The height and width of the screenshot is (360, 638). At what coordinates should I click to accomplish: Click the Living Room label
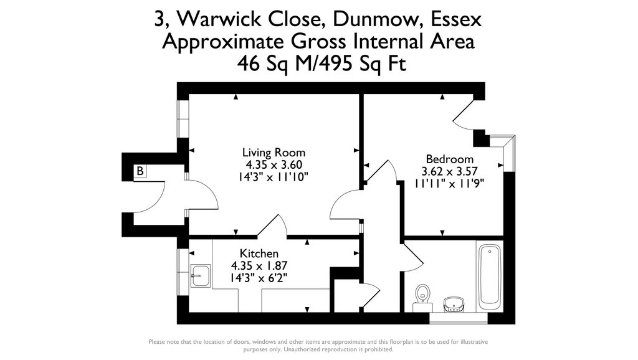pos(274,153)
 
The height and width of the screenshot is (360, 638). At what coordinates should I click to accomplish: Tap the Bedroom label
pos(449,159)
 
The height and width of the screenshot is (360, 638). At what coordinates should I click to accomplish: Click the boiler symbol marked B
pos(140,171)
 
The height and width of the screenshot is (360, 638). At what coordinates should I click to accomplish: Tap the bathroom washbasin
pos(454,304)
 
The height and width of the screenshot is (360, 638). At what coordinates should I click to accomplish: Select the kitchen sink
pos(200,274)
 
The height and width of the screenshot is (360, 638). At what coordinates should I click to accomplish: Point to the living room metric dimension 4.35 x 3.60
pos(274,165)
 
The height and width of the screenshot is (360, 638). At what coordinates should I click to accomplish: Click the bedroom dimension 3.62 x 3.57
pos(449,171)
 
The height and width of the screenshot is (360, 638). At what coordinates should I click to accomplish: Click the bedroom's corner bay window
pos(507,153)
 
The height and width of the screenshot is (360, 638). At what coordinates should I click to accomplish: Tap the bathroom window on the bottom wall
pos(458,318)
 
